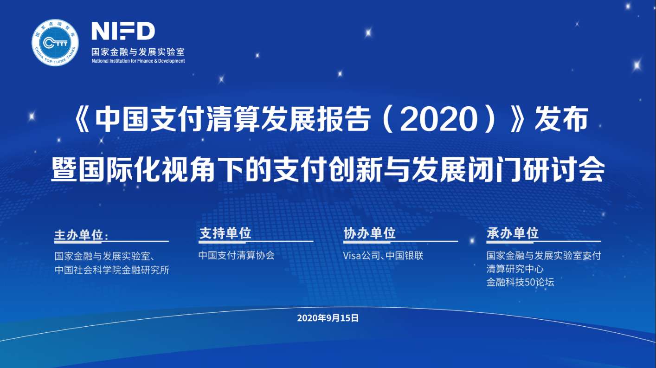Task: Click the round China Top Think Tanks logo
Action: pos(55,43)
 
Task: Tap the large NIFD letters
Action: pos(123,31)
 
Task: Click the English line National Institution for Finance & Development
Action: pos(138,61)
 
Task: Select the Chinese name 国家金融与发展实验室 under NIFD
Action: pos(138,52)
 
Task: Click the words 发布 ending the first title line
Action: pos(561,120)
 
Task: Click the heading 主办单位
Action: pos(78,235)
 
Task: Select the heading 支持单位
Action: pos(225,233)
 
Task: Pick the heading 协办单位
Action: pos(370,233)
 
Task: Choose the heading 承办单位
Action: pos(513,233)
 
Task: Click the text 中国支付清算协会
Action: pos(237,255)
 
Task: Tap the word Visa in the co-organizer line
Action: pos(352,256)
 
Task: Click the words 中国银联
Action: pos(405,256)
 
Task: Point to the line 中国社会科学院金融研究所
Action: pos(112,270)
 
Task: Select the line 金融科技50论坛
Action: pos(521,282)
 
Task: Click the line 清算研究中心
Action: pos(515,269)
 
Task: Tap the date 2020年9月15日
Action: pos(328,318)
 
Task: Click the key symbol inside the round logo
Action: pos(56,43)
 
